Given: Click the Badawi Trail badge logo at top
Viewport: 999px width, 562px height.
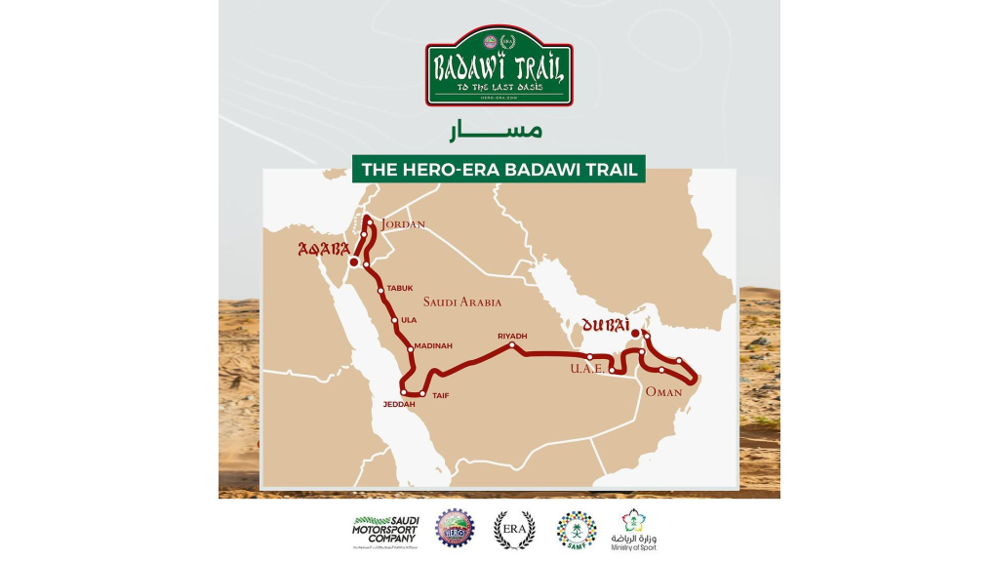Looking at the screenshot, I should [499, 66].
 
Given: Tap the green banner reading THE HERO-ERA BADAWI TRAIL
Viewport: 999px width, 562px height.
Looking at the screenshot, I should [499, 169].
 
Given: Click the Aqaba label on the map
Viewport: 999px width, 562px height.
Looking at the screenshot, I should [324, 249].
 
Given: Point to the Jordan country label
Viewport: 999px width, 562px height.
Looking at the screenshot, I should [404, 223].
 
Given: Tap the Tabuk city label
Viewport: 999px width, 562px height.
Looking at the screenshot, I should [401, 289].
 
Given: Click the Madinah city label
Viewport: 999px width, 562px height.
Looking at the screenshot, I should [432, 345].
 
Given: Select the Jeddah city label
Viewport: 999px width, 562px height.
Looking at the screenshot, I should [398, 403].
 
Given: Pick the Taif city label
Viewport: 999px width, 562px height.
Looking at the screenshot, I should [439, 396].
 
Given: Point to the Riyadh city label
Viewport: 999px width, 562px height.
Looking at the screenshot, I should [512, 336].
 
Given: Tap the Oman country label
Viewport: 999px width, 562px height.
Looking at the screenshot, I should [663, 391].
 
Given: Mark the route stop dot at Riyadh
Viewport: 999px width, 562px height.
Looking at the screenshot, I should [512, 345].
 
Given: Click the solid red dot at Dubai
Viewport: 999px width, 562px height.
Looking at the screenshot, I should [634, 334].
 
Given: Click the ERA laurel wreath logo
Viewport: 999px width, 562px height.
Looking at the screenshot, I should [514, 530].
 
